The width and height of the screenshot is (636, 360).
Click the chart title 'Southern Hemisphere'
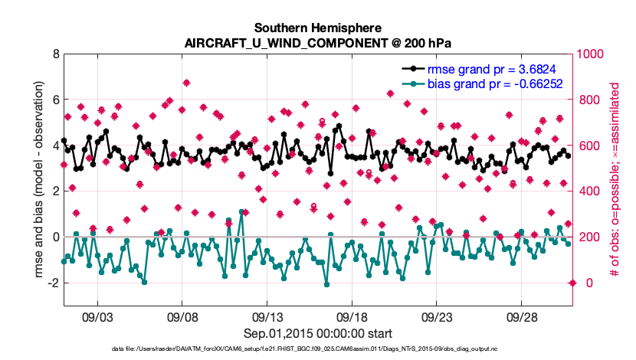coord(318,26)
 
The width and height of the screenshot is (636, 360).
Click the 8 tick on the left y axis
coord(56,54)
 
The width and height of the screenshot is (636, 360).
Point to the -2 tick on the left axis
coord(54,283)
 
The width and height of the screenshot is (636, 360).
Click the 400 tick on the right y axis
coord(585,191)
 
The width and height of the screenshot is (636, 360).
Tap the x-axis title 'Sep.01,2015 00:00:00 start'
coord(318,333)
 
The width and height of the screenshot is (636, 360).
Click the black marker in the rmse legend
coord(414,70)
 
